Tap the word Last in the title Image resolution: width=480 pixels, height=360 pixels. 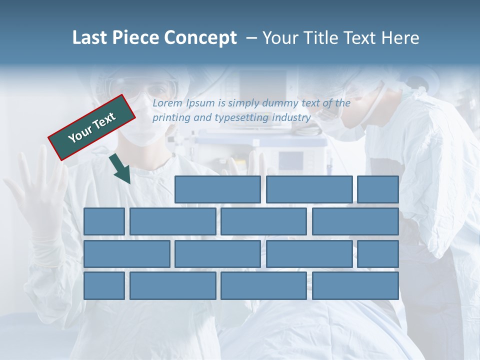(90, 38)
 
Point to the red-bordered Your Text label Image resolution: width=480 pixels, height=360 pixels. (92, 127)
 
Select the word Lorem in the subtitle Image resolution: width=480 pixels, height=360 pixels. (168, 103)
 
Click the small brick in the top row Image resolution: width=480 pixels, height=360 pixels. (378, 189)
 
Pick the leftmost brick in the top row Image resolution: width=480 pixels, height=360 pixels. (217, 189)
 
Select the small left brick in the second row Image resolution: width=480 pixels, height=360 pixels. (104, 221)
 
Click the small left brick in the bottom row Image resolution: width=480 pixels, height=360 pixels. (104, 285)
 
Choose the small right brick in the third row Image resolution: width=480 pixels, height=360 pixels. (378, 253)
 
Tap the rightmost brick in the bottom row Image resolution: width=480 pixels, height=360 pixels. (355, 285)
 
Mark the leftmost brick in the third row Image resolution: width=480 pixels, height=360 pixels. (126, 253)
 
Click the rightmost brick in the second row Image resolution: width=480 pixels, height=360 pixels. (355, 221)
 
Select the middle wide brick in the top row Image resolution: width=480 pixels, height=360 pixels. (309, 189)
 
